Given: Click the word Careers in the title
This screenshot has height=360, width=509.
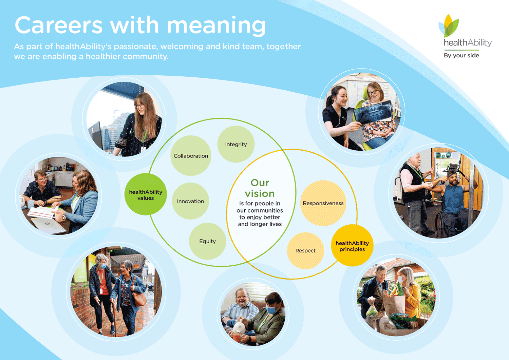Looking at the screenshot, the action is point(59,25).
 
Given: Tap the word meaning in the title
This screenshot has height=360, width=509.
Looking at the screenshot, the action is point(216,26).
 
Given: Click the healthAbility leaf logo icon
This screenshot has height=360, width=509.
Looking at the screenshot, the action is point(449,26).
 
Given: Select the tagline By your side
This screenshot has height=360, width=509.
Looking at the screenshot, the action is point(461,55).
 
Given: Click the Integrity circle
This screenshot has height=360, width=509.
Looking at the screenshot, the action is point(236,144).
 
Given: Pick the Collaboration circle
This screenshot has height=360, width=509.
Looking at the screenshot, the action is point(191,156).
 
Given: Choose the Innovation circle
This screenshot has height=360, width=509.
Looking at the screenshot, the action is point(190,201).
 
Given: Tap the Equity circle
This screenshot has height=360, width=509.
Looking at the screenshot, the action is point(207,241).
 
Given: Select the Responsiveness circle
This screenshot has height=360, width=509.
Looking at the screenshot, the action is point(323,203).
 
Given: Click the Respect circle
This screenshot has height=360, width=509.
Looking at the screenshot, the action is point(305,250).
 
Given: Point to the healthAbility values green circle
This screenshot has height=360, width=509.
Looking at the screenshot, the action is point(146,194).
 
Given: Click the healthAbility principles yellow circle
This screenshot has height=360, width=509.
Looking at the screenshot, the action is point(352,245).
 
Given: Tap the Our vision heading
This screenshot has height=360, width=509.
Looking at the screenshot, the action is point(260,188).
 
